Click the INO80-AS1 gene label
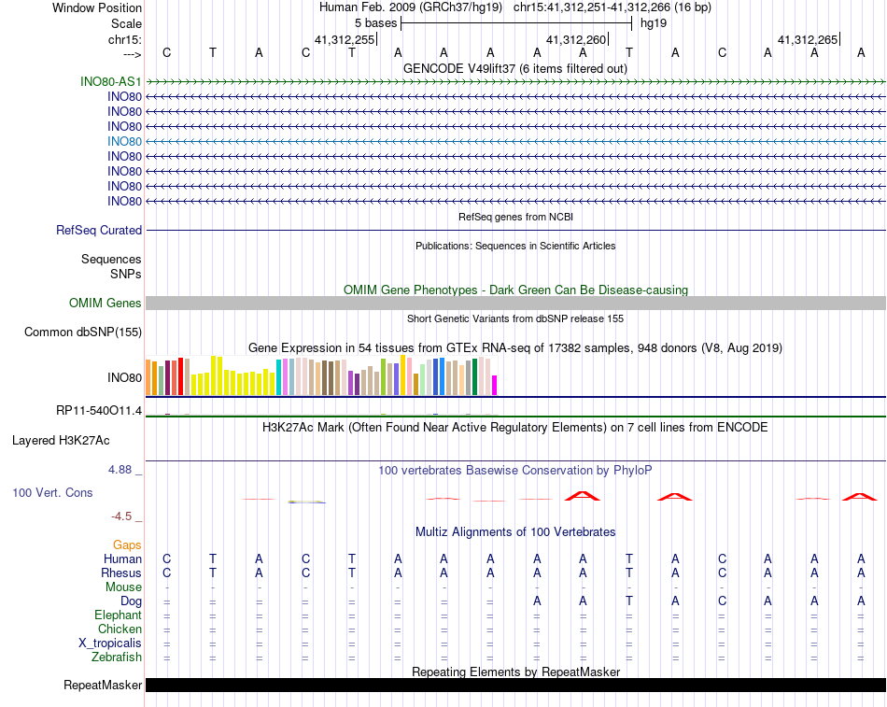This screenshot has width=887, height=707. coord(111,81)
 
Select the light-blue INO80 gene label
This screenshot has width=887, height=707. coord(124,141)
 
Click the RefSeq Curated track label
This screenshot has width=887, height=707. coord(99,230)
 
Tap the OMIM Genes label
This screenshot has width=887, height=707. coord(106,303)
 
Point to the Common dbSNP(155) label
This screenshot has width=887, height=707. coord(83,332)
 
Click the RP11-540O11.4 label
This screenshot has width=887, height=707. coord(99,411)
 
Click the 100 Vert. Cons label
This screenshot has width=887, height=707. coord(52,492)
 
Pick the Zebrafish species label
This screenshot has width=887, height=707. coord(118,657)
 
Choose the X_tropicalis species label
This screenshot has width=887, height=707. coord(110,643)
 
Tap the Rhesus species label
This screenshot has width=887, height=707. coord(121,573)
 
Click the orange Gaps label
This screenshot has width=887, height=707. coord(127,544)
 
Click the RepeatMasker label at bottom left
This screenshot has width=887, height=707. coord(103,686)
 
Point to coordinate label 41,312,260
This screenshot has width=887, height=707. coord(576,40)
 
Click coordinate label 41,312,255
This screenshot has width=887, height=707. coord(345,40)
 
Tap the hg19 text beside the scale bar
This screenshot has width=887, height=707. coord(653,22)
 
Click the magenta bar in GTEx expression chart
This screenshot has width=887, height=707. coord(494,385)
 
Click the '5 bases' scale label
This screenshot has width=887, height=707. coord(375,22)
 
